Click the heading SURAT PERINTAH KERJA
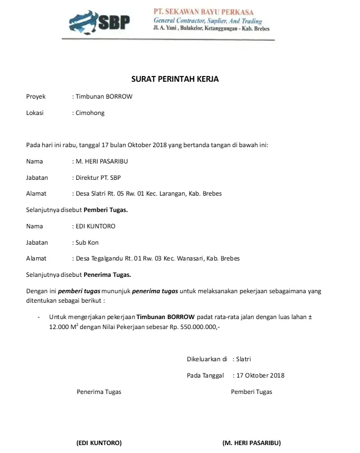175,79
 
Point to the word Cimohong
90,113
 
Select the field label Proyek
36,97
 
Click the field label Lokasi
35,113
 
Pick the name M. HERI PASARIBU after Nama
102,161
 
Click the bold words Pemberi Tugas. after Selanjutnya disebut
106,210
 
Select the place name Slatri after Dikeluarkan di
244,359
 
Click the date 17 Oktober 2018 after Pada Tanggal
260,375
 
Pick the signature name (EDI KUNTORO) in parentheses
99,442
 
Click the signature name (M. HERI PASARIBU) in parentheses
251,442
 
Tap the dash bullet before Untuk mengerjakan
39,317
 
